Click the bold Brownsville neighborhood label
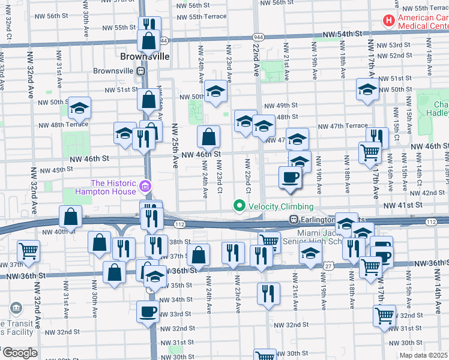tap(144, 58)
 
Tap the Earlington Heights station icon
tap(294, 219)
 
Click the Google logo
tap(19, 353)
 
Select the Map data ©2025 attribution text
tap(423, 355)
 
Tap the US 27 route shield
tap(328, 266)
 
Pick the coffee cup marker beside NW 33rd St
tap(148, 312)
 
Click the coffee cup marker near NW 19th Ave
tap(291, 178)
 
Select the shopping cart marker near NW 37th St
tap(28, 250)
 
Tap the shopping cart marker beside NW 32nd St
tap(384, 315)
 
